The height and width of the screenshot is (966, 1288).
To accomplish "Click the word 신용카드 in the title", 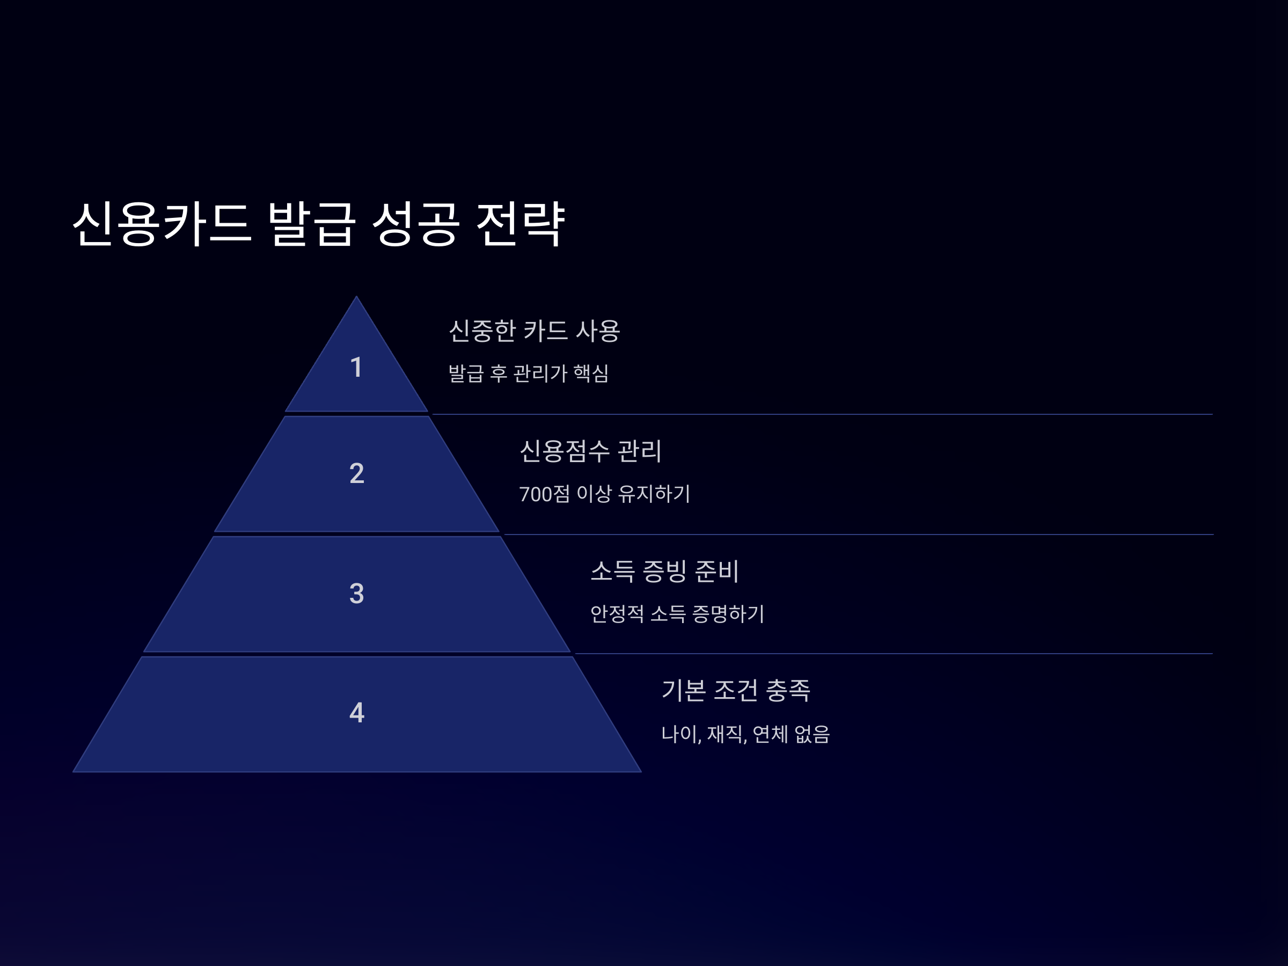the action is click(x=162, y=224).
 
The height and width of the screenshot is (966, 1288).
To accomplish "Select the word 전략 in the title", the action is click(x=520, y=224).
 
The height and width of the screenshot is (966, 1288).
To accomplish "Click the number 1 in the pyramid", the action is click(x=356, y=368).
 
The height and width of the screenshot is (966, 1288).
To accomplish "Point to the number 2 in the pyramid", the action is click(x=356, y=473).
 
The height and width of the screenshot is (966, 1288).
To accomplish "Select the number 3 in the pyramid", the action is click(x=356, y=594).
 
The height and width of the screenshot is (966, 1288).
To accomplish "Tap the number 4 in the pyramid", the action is click(x=356, y=713).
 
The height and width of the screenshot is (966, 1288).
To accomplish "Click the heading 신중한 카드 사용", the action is click(x=534, y=331).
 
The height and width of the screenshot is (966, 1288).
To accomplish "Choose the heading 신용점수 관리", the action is click(x=590, y=451).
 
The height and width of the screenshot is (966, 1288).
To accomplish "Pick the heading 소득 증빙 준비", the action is click(x=664, y=571).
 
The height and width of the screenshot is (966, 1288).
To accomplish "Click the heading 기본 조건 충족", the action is click(x=735, y=691).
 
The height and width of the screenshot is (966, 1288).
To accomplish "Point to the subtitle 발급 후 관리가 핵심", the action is click(x=528, y=373).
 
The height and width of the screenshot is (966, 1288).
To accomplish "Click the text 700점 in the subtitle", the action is click(x=544, y=494).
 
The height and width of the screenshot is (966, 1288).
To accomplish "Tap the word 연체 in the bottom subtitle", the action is click(x=769, y=734).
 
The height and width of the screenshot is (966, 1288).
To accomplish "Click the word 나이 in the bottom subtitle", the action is click(x=680, y=734).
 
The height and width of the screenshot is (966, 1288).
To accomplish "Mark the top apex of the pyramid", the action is click(x=356, y=297).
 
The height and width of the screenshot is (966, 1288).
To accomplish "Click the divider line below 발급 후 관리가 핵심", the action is click(x=815, y=415).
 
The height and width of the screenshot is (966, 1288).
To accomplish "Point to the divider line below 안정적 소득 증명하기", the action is click(x=873, y=654).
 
